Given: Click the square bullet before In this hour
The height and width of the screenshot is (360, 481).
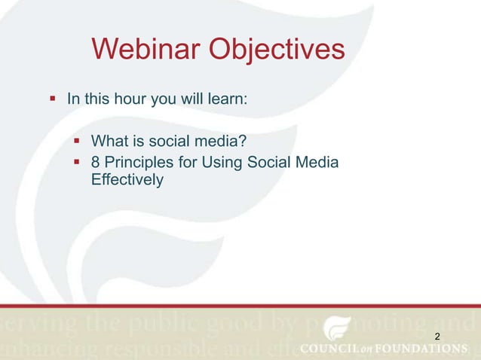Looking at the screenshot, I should click(x=52, y=99).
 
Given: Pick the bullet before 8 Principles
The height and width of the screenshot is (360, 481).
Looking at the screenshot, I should click(x=75, y=162).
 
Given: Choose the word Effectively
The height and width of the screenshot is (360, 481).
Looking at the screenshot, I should click(x=127, y=181).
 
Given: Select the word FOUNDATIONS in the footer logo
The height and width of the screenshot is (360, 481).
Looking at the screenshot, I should click(x=423, y=348).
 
